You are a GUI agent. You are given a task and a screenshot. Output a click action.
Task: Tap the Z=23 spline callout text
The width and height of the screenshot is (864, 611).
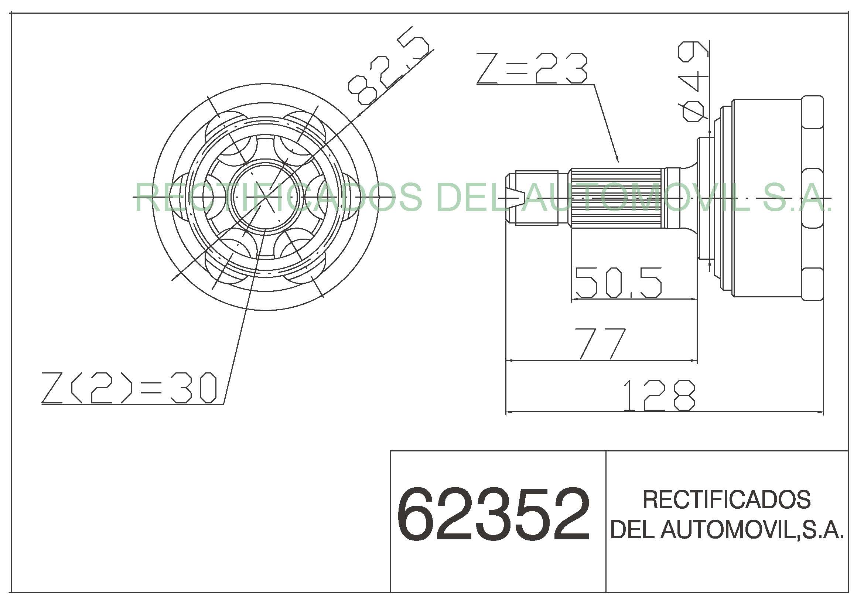(x=532, y=68)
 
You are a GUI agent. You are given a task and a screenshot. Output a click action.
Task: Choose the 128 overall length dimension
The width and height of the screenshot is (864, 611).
(x=659, y=395)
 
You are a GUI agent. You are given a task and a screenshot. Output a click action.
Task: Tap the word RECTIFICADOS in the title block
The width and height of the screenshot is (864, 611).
(x=726, y=500)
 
